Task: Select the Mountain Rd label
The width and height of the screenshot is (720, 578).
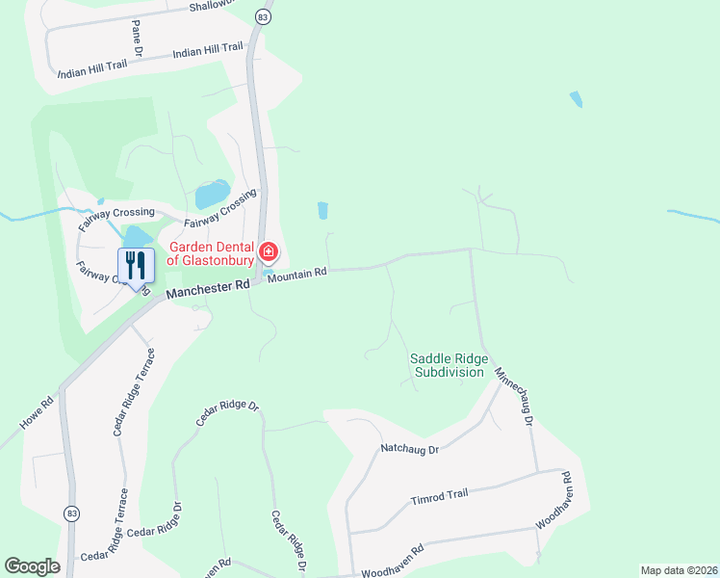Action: pos(297,274)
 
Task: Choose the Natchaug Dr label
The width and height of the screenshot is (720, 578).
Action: pos(409,449)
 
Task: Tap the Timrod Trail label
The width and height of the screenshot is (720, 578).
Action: pos(439,495)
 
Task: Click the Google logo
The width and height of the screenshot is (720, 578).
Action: pos(32,566)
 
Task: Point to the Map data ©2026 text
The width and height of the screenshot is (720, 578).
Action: pos(679,570)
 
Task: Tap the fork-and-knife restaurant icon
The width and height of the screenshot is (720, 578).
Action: pos(136,263)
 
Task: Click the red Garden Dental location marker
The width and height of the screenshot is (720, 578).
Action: pos(269,254)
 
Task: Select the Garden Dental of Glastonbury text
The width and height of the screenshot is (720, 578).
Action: pos(211,252)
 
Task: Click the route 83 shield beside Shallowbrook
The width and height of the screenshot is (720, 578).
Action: pos(264,16)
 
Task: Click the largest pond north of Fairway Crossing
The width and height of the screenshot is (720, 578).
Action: pos(213,194)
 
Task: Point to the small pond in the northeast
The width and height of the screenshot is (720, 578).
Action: pos(577,98)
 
